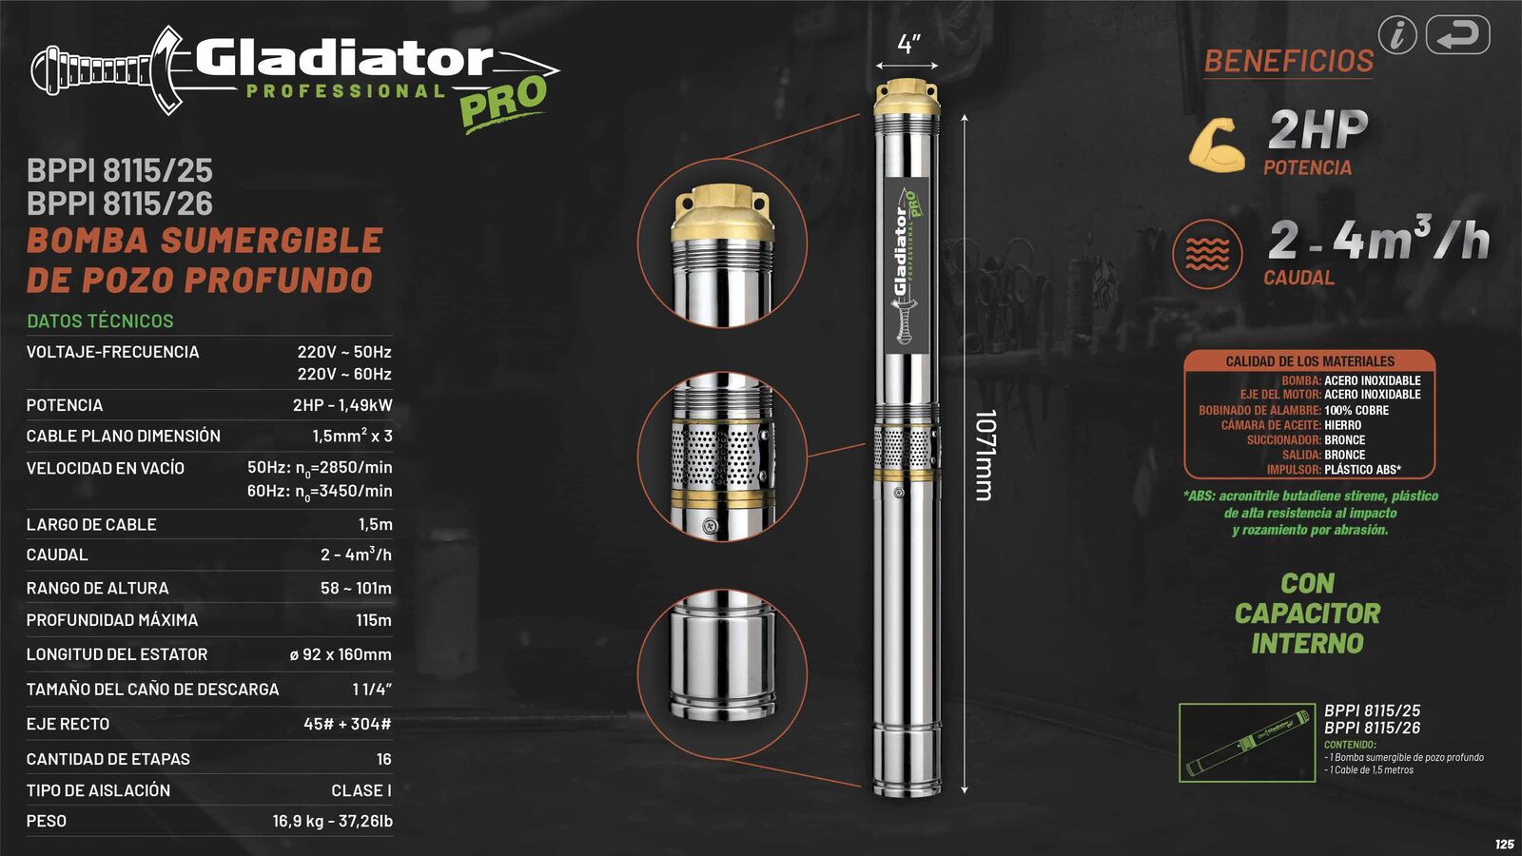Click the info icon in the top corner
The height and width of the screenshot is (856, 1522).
(1397, 35)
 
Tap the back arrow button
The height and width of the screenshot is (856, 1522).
(1457, 35)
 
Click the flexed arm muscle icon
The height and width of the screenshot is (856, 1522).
(1217, 145)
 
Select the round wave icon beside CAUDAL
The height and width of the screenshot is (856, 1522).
(1207, 254)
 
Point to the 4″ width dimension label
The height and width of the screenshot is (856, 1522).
(908, 44)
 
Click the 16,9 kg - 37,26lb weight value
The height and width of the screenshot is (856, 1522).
(332, 821)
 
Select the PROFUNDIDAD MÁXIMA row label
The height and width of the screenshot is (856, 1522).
(112, 620)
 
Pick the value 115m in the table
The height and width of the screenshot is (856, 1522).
(373, 620)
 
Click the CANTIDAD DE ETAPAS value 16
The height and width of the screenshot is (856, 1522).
(383, 759)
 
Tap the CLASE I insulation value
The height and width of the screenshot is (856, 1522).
(361, 790)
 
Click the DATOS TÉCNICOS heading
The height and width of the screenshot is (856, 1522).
(100, 321)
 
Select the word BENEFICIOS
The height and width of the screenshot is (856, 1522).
(1288, 61)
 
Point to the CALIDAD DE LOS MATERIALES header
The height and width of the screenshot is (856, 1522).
(1309, 361)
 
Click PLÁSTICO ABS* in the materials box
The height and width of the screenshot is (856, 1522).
(1362, 470)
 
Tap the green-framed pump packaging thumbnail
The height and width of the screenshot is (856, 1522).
(1246, 743)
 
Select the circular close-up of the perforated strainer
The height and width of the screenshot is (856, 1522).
(722, 457)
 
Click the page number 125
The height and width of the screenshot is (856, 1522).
(1504, 845)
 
